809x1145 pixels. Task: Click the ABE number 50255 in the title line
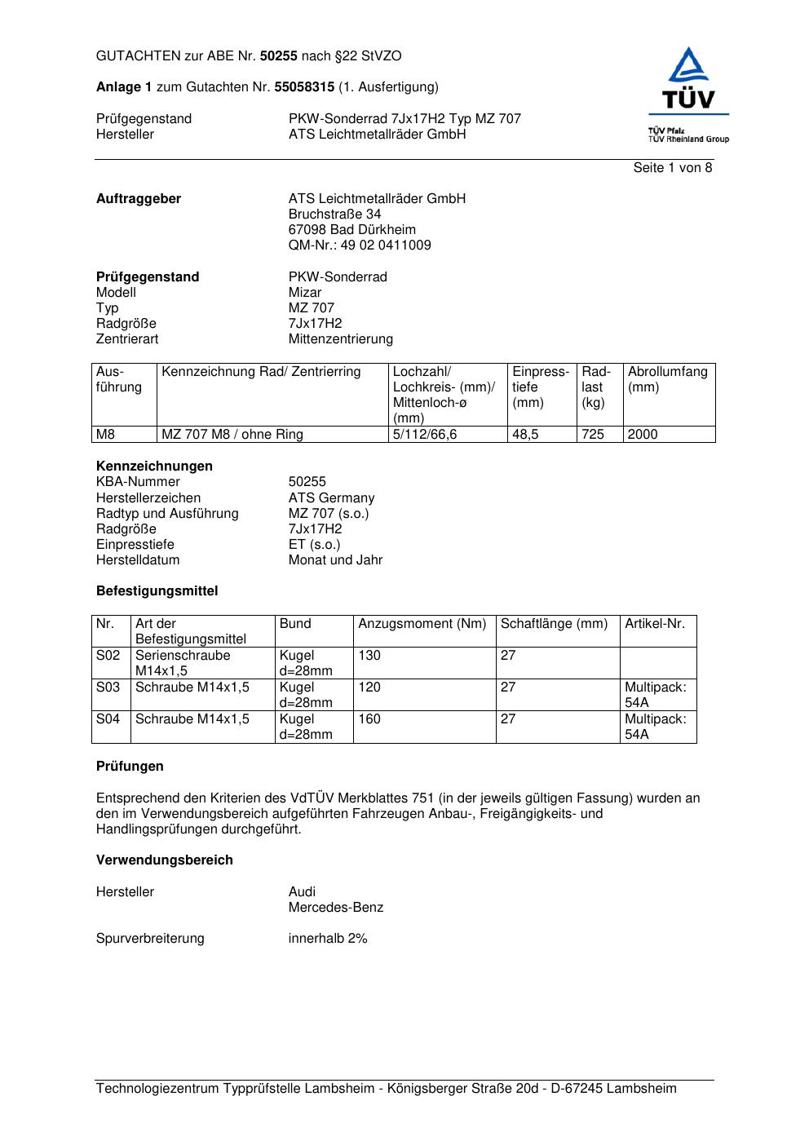(279, 56)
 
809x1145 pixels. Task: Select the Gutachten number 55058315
(305, 86)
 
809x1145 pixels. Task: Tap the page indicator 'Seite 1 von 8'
(673, 168)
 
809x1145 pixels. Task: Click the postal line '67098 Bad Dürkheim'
(351, 230)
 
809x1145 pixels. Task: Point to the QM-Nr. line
(360, 245)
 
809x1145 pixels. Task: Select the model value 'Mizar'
(305, 293)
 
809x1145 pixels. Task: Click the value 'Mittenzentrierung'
(340, 339)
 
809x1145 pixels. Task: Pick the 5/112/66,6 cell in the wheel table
(425, 435)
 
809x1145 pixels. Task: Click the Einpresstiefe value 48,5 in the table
(525, 435)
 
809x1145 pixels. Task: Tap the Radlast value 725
(593, 435)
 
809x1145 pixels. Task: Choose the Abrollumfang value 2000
(643, 435)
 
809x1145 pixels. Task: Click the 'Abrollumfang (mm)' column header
(667, 379)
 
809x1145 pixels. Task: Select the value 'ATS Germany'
(331, 498)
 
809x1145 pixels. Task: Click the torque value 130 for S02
(369, 656)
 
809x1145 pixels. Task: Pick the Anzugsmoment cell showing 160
(369, 719)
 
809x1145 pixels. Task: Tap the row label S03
(108, 687)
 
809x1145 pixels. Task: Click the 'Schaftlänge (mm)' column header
(554, 624)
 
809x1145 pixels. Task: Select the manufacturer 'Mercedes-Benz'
(335, 908)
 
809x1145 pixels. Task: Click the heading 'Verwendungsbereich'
(165, 860)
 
